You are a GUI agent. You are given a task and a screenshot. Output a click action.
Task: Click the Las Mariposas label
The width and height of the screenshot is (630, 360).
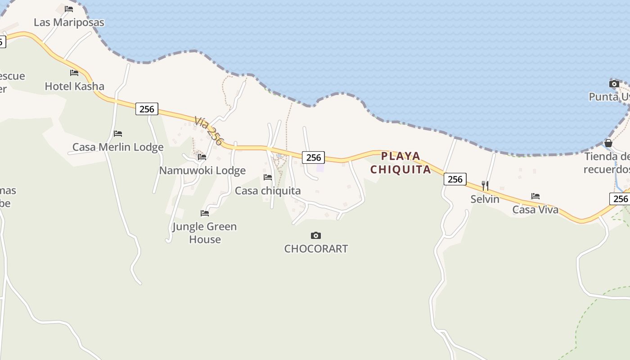[69, 22]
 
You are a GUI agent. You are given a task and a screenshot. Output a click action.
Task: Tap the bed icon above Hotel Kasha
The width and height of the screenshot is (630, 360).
[74, 73]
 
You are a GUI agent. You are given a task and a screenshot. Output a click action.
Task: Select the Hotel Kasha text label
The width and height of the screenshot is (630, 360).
[74, 86]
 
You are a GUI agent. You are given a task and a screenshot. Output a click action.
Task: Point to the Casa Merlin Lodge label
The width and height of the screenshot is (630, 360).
[118, 147]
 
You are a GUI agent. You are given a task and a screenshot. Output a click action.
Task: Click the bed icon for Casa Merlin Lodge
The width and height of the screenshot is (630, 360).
[118, 134]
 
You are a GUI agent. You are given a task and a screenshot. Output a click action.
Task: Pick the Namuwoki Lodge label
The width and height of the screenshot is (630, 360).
[202, 171]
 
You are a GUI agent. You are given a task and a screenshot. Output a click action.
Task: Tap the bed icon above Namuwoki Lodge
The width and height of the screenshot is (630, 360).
[202, 157]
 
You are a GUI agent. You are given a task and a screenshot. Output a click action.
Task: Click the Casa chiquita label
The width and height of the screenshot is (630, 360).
[268, 191]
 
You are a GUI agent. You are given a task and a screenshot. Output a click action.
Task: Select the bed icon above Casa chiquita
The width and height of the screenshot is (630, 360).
[268, 177]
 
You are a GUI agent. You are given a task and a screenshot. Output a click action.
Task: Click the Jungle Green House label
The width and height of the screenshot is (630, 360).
[205, 233]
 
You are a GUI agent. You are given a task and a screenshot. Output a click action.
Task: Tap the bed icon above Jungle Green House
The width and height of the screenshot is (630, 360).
[205, 213]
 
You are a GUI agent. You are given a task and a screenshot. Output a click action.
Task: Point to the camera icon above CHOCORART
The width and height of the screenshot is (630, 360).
[316, 235]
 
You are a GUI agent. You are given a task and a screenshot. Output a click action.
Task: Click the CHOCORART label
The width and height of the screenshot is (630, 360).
[316, 249]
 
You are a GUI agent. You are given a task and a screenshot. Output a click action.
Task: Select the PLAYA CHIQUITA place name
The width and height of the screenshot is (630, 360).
[400, 163]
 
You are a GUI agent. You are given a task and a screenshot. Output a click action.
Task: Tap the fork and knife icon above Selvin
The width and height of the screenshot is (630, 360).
[485, 185]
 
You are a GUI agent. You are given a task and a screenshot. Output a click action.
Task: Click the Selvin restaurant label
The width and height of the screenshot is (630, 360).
[485, 199]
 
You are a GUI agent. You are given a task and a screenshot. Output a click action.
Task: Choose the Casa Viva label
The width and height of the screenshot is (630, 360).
[535, 210]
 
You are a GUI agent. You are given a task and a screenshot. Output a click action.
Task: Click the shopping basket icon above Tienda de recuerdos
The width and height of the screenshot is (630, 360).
[608, 144]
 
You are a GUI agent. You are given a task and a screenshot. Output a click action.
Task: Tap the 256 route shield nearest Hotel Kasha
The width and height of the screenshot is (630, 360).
[147, 109]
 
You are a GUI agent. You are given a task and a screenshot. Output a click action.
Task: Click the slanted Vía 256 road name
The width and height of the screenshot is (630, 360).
[208, 130]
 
